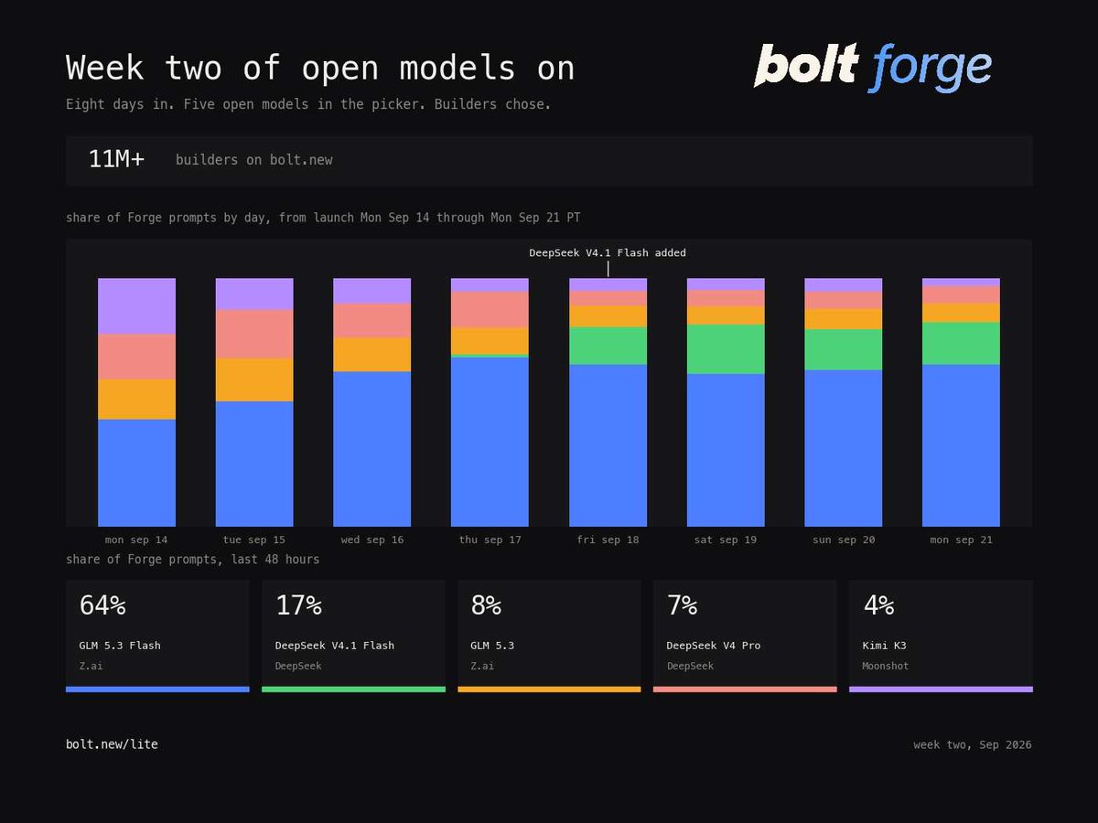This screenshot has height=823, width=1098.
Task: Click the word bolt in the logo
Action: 806,64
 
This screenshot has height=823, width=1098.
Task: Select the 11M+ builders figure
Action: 116,159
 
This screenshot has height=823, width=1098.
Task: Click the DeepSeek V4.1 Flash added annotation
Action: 608,253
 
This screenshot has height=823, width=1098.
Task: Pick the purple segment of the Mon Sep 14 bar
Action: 136,305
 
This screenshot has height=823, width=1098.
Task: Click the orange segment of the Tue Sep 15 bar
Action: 254,379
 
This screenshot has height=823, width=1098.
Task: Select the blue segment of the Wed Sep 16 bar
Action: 371,449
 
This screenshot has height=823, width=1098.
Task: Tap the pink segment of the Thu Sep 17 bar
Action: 490,310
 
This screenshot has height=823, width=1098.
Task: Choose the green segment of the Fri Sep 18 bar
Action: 608,346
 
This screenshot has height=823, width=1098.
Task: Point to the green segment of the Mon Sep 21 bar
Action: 961,343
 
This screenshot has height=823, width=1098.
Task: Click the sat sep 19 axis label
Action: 726,540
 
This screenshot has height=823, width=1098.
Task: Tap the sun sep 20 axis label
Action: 844,540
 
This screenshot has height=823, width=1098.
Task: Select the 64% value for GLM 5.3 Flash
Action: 102,605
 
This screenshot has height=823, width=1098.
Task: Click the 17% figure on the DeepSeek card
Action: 298,605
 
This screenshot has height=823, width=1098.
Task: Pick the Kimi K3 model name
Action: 884,646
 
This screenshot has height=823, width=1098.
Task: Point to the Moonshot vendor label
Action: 885,666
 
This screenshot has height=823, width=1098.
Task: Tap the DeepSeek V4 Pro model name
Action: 714,646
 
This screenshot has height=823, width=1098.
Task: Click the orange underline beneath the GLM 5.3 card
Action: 549,689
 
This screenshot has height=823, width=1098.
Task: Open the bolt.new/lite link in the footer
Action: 112,744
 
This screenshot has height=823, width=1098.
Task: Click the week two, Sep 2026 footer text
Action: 973,744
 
